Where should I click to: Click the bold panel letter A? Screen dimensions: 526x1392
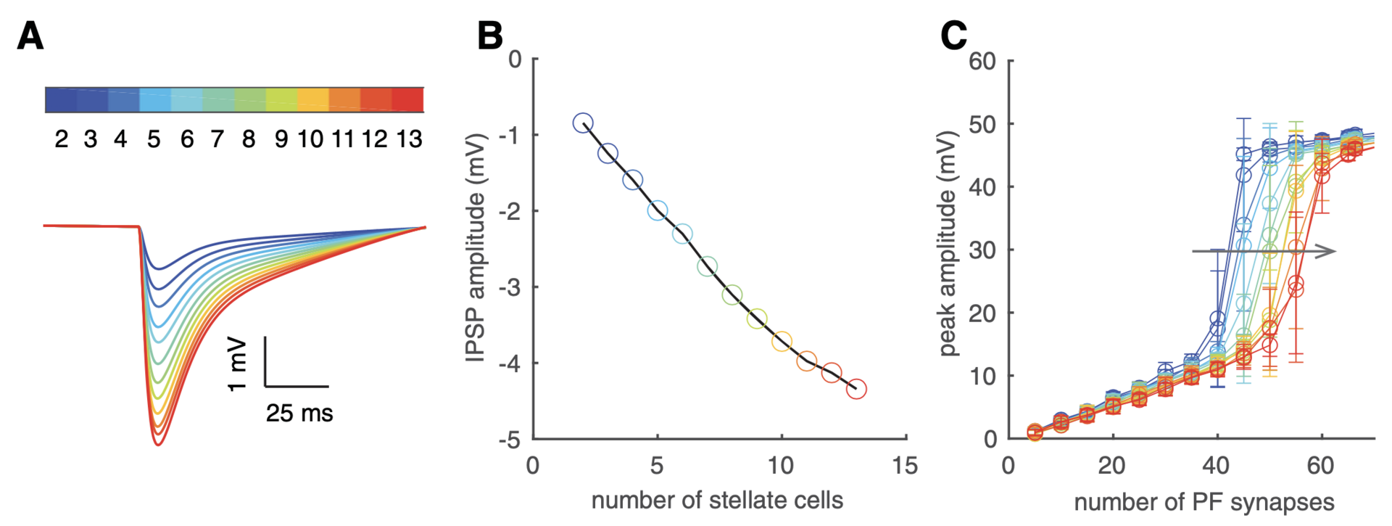[x=30, y=35]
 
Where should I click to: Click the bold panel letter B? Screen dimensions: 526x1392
[x=490, y=35]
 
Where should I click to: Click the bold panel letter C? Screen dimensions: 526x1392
[x=953, y=35]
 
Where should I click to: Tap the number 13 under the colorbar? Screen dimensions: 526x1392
[x=409, y=139]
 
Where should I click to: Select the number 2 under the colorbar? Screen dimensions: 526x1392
[x=62, y=139]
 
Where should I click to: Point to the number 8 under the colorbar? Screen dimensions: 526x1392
[x=249, y=139]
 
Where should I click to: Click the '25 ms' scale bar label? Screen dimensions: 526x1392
[x=299, y=414]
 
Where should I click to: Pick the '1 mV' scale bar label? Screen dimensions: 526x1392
[x=238, y=364]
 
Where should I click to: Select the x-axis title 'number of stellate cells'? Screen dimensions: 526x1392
[x=717, y=500]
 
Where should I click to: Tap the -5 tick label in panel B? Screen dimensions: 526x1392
[x=510, y=439]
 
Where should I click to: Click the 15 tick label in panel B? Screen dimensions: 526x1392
[x=905, y=466]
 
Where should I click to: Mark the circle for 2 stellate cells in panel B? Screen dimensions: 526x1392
[x=583, y=123]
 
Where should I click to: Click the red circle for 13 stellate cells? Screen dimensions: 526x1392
[x=856, y=389]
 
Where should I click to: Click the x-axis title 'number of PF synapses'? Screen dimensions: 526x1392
[x=1203, y=502]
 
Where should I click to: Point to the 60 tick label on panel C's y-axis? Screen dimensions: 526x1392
[x=982, y=61]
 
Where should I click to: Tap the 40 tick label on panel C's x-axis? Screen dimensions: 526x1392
[x=1217, y=466]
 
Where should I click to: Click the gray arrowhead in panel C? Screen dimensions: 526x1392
[x=1327, y=251]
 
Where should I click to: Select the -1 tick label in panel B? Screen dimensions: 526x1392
[x=510, y=135]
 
